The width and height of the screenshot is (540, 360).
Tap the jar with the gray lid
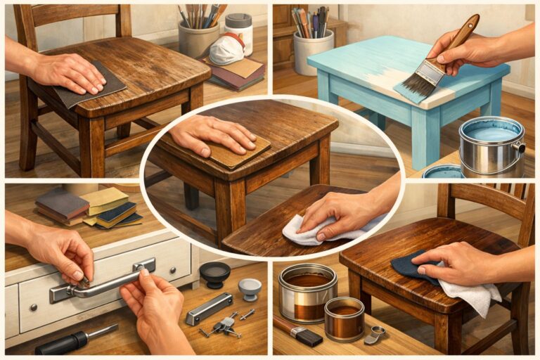(x=239, y=31)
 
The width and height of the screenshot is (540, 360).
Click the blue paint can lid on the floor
(x=443, y=171)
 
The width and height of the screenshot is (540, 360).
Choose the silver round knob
(x=249, y=288)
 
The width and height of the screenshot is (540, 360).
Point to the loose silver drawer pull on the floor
(x=210, y=309)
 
